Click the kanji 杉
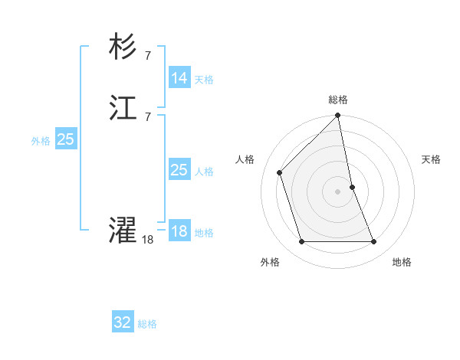click(123, 48)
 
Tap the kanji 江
click(123, 110)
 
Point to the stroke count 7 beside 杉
click(147, 55)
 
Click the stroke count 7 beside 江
click(147, 116)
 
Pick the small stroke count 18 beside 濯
click(147, 240)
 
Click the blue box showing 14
click(179, 78)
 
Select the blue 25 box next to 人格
click(179, 170)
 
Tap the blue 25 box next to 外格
click(65, 139)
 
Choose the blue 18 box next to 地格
click(179, 231)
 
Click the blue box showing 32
click(123, 322)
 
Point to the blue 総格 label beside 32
click(147, 324)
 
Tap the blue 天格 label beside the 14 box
click(204, 80)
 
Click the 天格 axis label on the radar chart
click(431, 159)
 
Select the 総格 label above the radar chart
click(338, 100)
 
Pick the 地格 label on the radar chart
click(402, 262)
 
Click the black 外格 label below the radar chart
click(270, 262)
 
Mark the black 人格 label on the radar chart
click(245, 159)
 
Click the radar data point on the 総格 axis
click(338, 116)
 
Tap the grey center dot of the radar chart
click(338, 191)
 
